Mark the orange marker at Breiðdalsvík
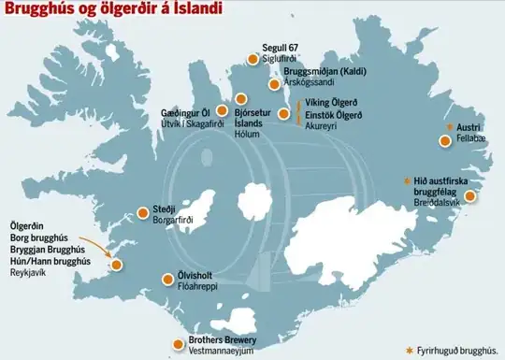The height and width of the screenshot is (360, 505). pos(470,196)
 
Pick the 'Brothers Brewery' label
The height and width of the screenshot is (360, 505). pos(223,339)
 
